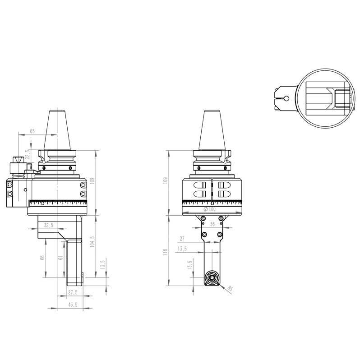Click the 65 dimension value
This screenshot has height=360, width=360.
click(x=32, y=131)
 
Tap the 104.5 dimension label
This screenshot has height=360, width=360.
click(x=92, y=240)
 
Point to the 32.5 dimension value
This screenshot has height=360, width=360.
click(x=48, y=225)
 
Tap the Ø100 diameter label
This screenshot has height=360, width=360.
click(x=210, y=209)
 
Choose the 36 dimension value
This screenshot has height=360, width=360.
click(x=212, y=225)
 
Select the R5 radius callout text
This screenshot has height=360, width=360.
click(x=231, y=288)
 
